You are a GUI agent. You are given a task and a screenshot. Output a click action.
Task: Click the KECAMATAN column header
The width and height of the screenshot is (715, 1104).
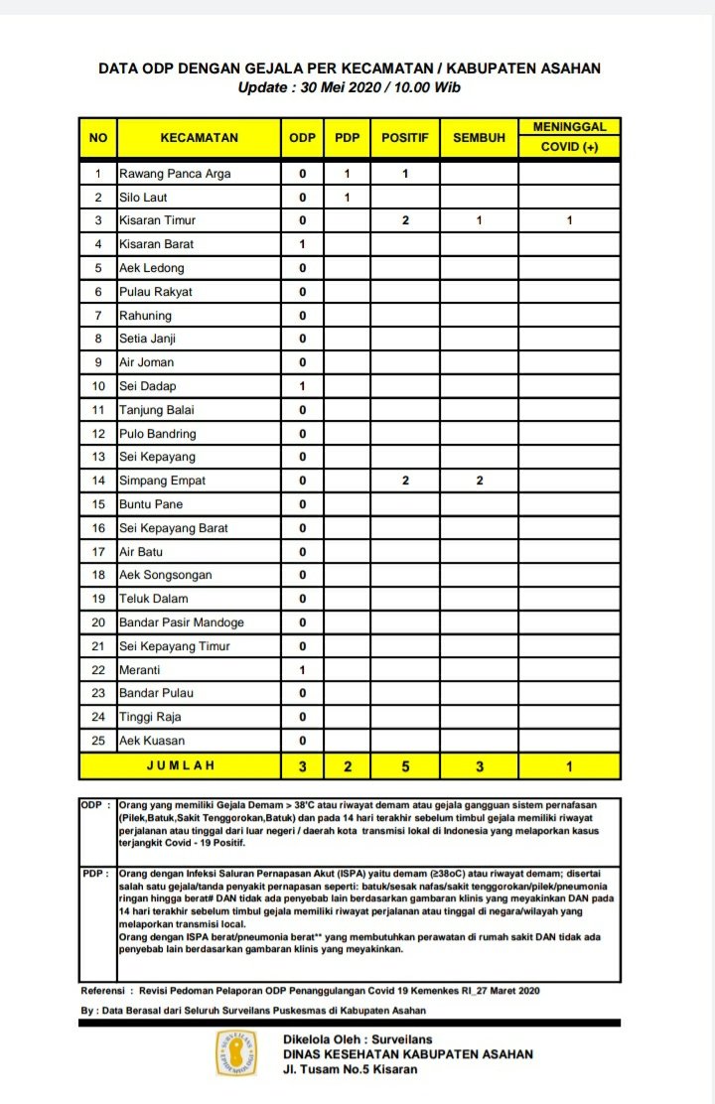(199, 138)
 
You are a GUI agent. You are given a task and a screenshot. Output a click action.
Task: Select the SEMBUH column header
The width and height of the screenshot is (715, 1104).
(479, 138)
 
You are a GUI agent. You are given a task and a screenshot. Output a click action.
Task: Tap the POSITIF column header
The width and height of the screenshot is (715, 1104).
(405, 138)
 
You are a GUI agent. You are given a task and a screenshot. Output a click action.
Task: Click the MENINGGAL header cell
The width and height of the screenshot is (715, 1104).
(569, 127)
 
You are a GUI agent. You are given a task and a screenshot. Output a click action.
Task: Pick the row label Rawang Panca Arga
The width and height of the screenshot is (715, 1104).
(175, 174)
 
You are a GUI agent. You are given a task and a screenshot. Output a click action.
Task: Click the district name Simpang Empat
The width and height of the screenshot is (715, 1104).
(164, 481)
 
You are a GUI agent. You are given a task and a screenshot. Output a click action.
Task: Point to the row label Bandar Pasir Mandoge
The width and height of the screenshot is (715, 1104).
(181, 622)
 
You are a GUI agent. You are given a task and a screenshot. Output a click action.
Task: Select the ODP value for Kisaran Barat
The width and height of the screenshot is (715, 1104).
(302, 244)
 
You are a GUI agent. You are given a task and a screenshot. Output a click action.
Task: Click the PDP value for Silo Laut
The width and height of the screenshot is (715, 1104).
(348, 198)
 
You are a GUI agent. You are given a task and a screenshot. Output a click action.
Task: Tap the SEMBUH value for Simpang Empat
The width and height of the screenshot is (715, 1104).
(479, 481)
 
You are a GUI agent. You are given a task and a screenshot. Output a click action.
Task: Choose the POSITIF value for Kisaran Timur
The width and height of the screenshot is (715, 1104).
(405, 220)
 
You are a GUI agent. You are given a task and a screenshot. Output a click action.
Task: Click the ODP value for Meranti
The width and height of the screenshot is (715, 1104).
(302, 670)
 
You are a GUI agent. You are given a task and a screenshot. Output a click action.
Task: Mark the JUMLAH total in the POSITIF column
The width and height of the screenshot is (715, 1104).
(405, 766)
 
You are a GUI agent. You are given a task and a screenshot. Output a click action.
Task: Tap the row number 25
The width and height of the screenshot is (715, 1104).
(98, 741)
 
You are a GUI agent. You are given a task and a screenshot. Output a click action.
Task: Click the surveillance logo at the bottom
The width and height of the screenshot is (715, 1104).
(237, 1053)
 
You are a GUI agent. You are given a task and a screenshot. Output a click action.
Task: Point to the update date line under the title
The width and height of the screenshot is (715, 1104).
(349, 87)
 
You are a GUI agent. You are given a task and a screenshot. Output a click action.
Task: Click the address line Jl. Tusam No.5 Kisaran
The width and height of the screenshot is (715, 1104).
(350, 1069)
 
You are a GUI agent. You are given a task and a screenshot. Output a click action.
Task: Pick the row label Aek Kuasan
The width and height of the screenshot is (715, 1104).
(152, 741)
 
